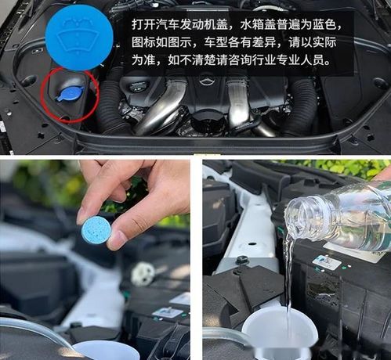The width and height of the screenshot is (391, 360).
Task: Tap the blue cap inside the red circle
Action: click(x=70, y=93)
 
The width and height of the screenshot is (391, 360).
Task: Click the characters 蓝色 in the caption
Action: click(x=331, y=23)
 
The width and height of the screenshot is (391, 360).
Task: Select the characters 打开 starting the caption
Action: click(x=143, y=23)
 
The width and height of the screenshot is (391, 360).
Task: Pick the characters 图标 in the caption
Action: click(x=143, y=41)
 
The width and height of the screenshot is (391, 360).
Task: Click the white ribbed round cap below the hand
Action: click(x=143, y=273)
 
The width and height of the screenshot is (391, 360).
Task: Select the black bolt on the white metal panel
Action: click(x=242, y=260)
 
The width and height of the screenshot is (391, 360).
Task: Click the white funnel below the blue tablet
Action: click(x=106, y=350)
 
